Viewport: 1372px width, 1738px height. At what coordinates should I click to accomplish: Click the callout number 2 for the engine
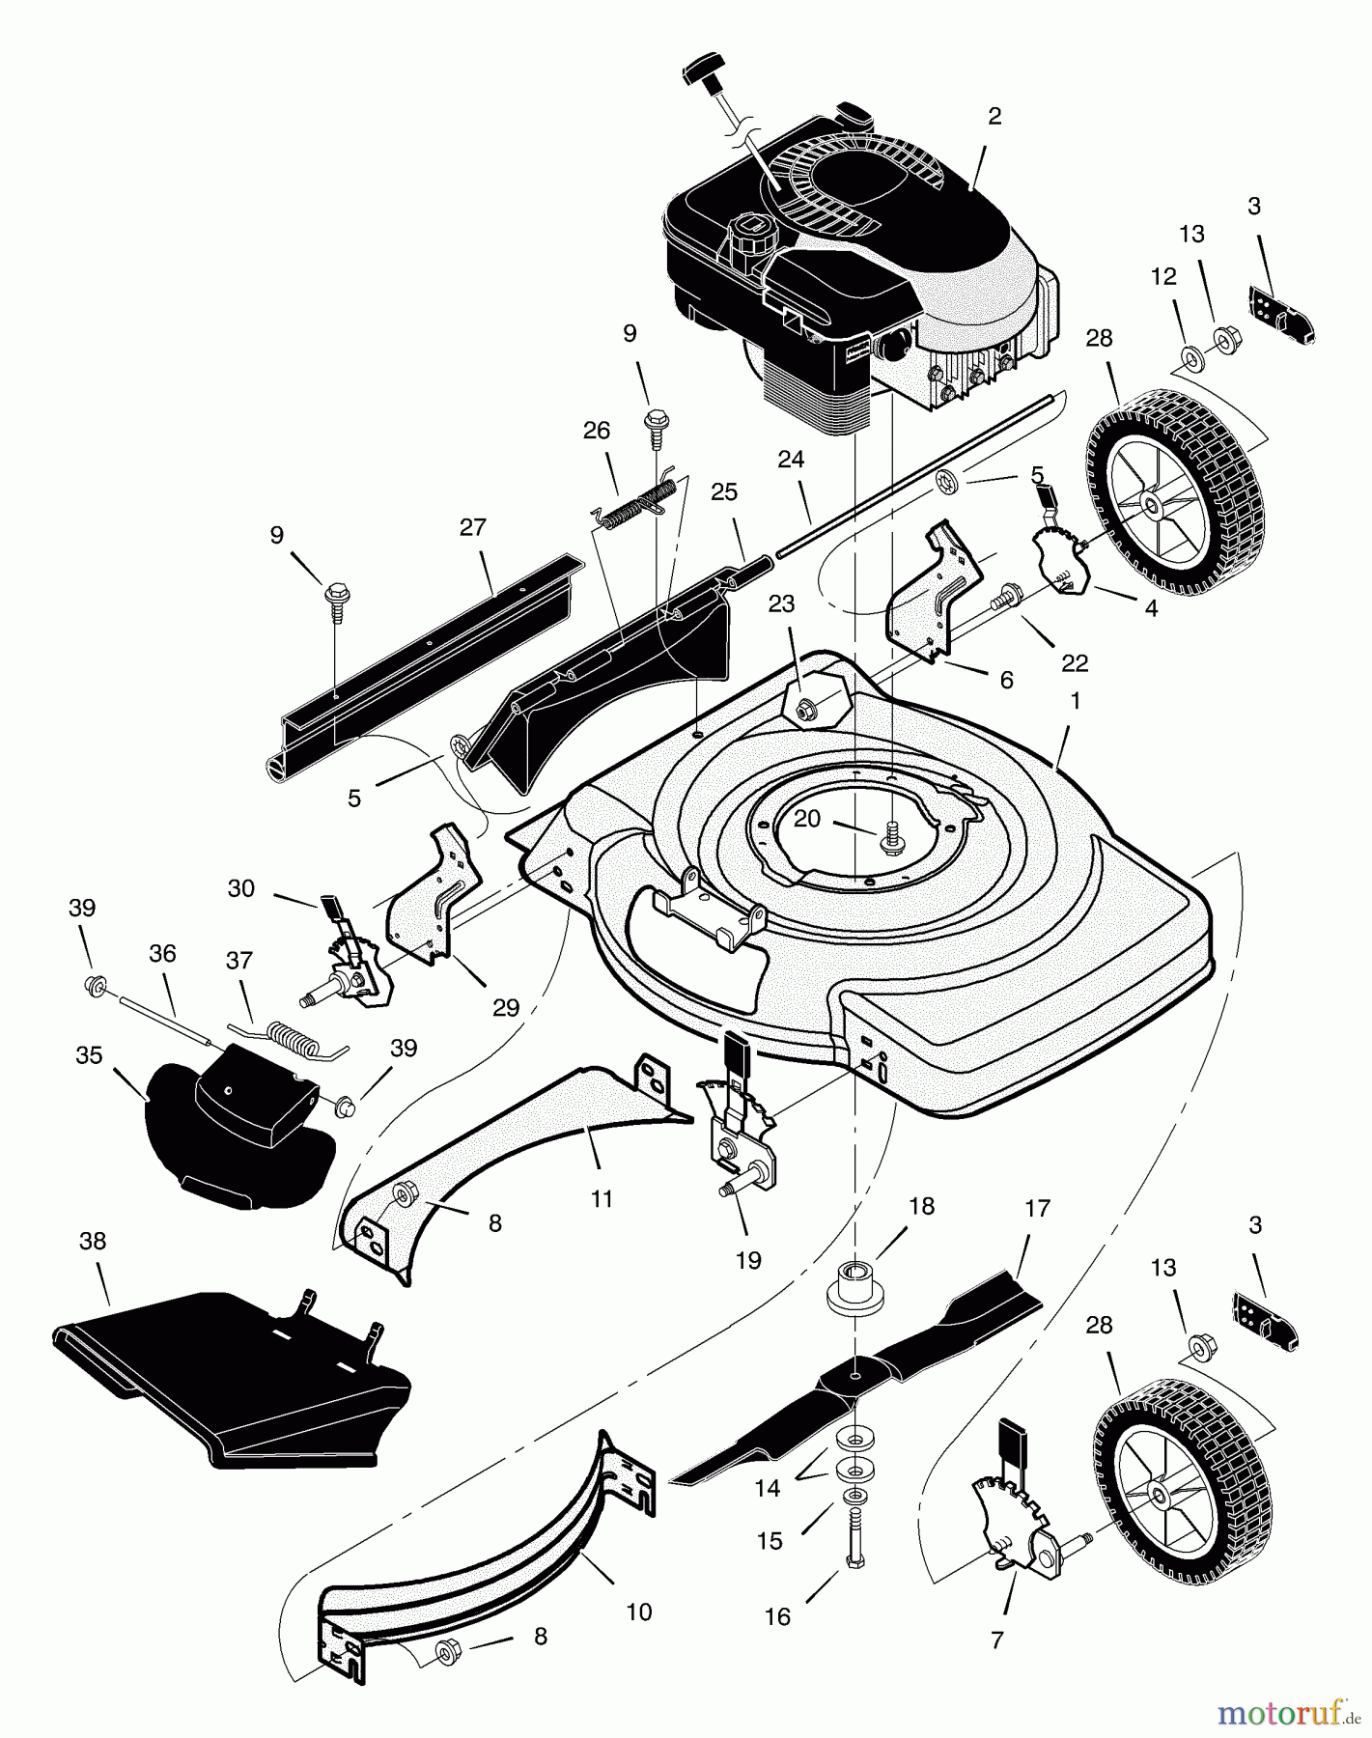point(994,116)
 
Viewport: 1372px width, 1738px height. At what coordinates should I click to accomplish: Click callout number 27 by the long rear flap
point(472,527)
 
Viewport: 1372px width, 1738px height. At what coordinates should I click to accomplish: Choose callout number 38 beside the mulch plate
point(93,1241)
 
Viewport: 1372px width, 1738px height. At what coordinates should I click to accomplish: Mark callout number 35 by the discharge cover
point(89,1055)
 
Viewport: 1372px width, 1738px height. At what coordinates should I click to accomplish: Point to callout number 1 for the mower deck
point(1075,701)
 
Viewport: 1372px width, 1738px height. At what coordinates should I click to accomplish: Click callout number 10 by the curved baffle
point(639,1612)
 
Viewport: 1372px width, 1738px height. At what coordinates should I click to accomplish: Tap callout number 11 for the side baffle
point(602,1199)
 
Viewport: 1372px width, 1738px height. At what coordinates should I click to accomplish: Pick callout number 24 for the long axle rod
point(791,460)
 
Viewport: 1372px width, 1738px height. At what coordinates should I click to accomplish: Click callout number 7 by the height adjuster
point(997,1640)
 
